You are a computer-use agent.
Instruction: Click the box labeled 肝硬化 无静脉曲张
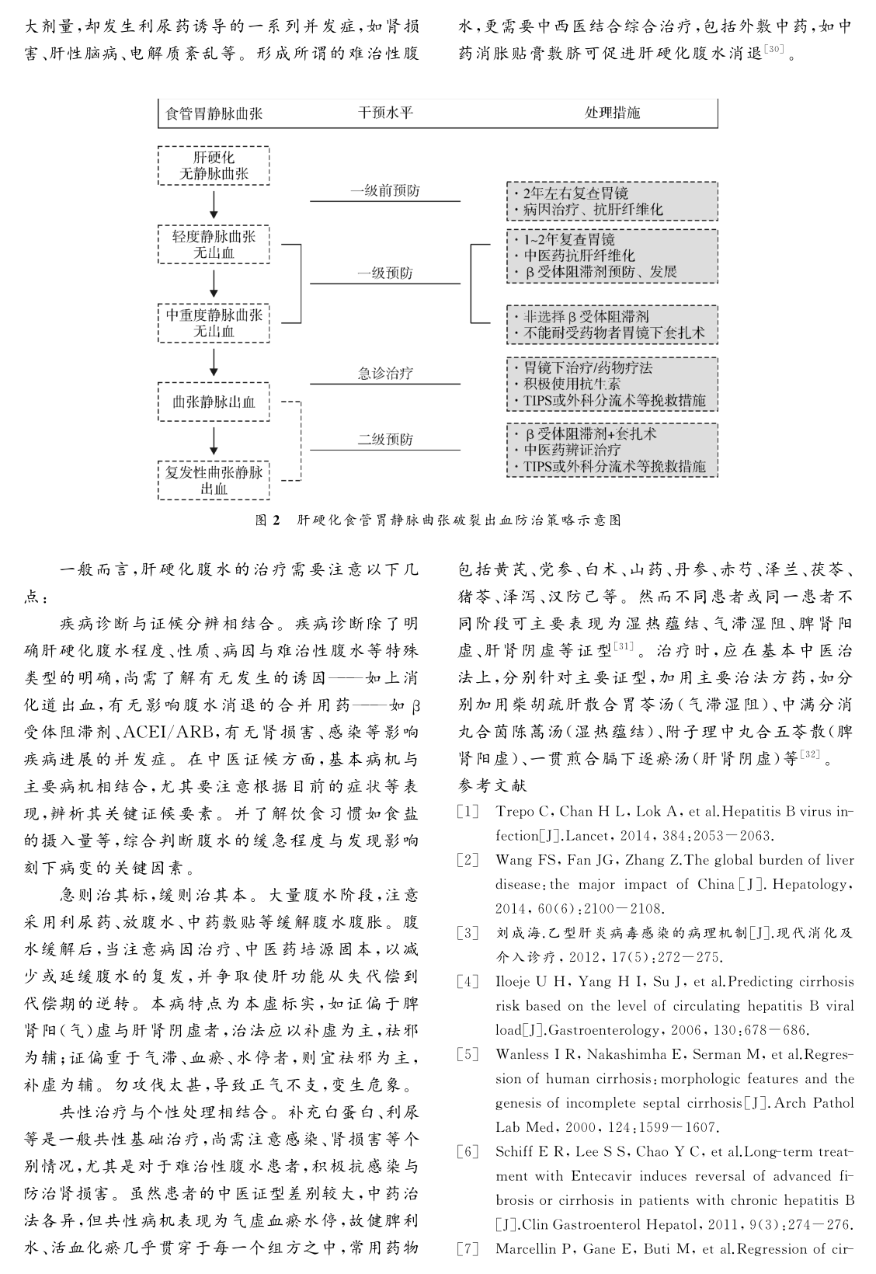click(x=214, y=165)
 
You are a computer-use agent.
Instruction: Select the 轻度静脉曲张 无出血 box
click(x=214, y=244)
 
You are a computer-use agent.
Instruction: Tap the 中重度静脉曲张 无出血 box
click(x=214, y=323)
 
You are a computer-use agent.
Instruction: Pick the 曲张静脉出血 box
click(x=214, y=402)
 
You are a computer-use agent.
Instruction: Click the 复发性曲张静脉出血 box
click(x=214, y=480)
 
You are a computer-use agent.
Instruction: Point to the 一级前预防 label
click(x=385, y=191)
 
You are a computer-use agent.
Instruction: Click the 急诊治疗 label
click(x=385, y=374)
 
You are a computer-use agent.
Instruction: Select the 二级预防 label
click(x=385, y=440)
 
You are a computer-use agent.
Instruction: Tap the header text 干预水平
click(x=385, y=113)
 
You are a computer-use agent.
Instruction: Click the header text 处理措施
click(x=612, y=113)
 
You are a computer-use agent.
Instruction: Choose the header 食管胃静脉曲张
click(x=214, y=113)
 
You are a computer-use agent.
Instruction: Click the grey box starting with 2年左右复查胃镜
click(x=612, y=201)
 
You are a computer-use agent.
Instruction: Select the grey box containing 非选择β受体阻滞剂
click(x=612, y=325)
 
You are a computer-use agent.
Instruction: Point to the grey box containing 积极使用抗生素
click(x=612, y=384)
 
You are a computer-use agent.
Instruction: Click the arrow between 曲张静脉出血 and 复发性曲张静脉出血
click(x=214, y=441)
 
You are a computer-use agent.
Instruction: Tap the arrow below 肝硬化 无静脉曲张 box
click(x=214, y=204)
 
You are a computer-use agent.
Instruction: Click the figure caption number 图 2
click(x=266, y=520)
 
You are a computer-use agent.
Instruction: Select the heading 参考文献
click(x=492, y=785)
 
